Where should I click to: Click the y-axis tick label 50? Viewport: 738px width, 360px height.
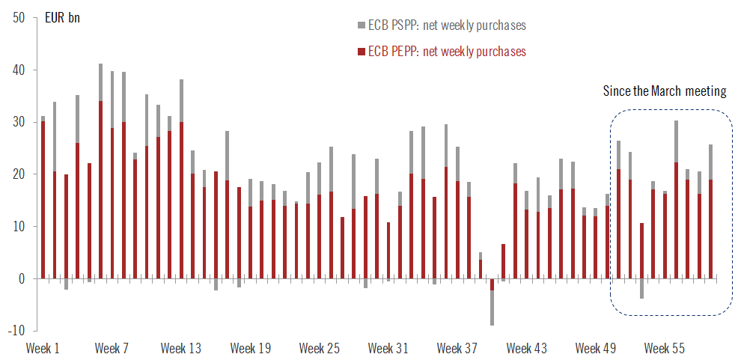(x=16, y=17)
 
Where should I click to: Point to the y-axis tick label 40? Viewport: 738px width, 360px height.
(x=16, y=70)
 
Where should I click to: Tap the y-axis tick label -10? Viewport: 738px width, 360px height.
(x=15, y=331)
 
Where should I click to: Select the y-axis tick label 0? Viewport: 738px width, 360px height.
(x=20, y=278)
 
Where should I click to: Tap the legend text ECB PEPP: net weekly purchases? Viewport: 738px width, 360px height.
(x=446, y=52)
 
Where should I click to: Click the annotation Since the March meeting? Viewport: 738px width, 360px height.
(x=665, y=91)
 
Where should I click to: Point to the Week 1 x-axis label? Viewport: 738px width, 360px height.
(x=43, y=348)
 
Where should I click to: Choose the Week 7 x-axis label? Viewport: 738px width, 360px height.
(x=112, y=348)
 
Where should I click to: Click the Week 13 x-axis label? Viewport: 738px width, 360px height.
(x=181, y=348)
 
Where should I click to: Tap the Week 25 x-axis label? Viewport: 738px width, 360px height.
(x=320, y=348)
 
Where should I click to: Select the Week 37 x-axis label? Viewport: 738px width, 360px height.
(x=457, y=348)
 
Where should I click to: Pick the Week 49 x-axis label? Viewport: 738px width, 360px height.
(x=595, y=348)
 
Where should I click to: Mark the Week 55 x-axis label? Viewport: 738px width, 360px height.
(x=665, y=348)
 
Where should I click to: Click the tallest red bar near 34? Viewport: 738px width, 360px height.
(x=101, y=187)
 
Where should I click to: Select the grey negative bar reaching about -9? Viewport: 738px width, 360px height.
(x=492, y=308)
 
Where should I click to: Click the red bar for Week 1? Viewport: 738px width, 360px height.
(x=43, y=198)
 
